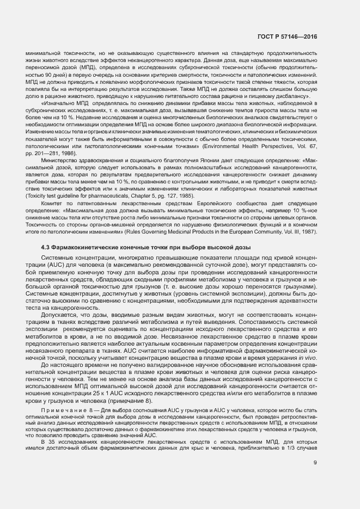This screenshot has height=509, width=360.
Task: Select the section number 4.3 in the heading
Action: click(46, 248)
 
